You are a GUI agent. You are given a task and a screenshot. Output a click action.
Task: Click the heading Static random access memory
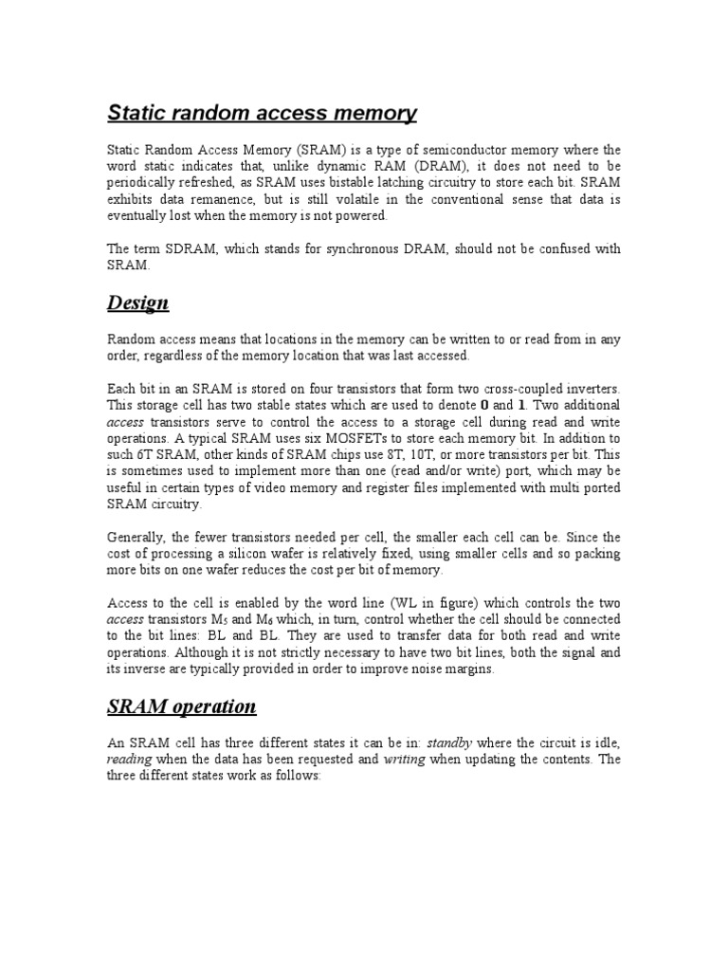tap(261, 114)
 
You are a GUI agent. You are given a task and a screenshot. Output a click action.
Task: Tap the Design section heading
tap(137, 302)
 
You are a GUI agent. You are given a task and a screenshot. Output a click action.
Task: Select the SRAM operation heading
tap(181, 706)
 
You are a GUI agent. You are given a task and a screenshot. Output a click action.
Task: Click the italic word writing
tap(404, 760)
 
